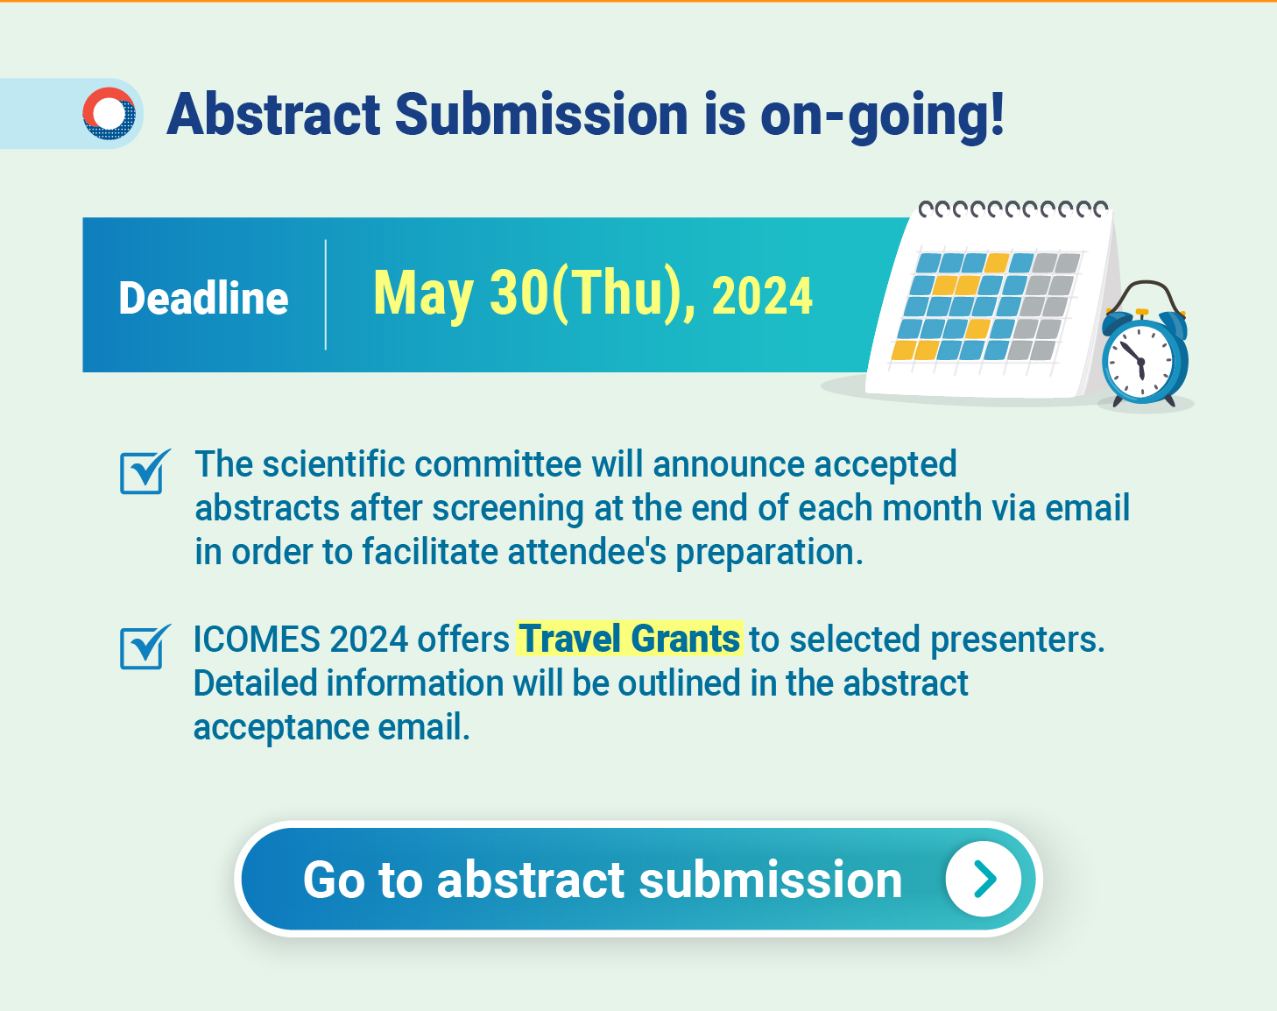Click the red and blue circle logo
tap(109, 113)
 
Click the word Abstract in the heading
tap(273, 114)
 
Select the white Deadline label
tap(203, 297)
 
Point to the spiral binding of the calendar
tap(1013, 209)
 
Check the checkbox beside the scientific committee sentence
tap(145, 472)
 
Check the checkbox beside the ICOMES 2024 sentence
tap(145, 647)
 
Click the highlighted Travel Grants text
tap(630, 639)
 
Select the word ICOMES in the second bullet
tap(257, 640)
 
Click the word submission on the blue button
tap(770, 880)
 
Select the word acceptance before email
tap(281, 728)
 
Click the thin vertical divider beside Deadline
tap(326, 295)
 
